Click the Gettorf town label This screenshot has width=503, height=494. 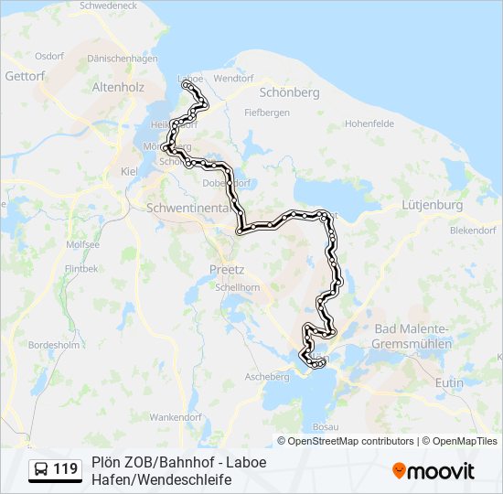(x=25, y=75)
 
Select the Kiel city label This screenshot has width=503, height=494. (x=128, y=171)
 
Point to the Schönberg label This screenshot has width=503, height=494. (x=289, y=93)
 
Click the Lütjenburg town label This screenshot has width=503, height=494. (x=432, y=205)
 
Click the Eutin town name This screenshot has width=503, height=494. (x=450, y=381)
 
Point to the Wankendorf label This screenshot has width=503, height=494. (x=174, y=417)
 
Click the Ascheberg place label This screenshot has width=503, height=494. (x=266, y=377)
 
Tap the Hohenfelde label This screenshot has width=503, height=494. (x=369, y=123)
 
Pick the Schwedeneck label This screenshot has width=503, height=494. (x=109, y=5)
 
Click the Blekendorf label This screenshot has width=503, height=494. (x=471, y=231)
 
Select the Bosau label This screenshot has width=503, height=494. (x=324, y=427)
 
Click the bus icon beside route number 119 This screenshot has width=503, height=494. (x=41, y=470)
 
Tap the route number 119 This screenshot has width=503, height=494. (x=65, y=470)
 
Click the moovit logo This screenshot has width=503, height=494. (x=433, y=471)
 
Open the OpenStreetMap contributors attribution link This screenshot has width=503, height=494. (x=351, y=441)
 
